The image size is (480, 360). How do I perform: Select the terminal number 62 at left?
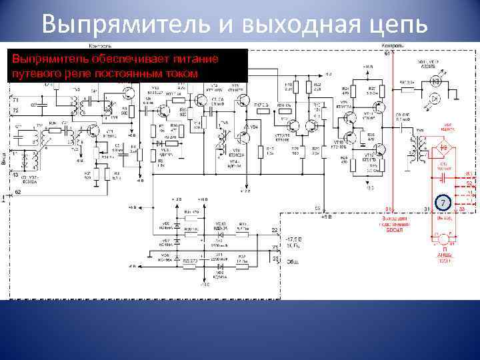click(17, 191)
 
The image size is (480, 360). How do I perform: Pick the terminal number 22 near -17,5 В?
click(274, 231)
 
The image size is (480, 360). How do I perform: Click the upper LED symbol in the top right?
click(435, 81)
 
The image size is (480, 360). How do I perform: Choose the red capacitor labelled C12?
click(442, 167)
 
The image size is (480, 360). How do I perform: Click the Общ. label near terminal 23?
click(291, 262)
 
